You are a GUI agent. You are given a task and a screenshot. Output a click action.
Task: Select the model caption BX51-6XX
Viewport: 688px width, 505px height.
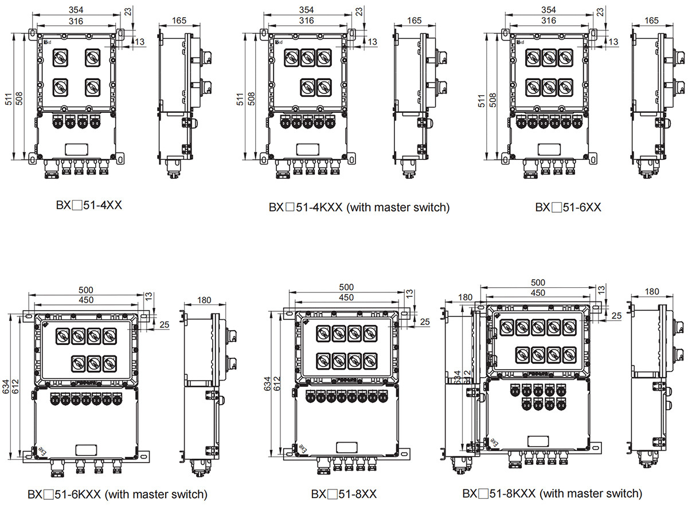pos(568,207)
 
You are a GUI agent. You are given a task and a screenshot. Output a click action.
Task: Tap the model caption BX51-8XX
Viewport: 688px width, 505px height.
pos(344,494)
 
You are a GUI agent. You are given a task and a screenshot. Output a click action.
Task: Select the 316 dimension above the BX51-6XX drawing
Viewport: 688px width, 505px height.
pos(549,21)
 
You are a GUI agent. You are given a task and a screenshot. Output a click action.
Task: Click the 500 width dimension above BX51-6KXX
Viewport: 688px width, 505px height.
pos(86,289)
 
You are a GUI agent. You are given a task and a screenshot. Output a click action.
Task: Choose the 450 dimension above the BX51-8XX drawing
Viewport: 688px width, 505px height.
pos(346,297)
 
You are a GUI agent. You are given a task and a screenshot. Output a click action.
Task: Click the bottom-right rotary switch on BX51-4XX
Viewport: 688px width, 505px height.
pos(92,87)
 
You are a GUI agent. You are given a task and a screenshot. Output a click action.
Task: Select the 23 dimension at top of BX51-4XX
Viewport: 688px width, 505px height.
pos(128,11)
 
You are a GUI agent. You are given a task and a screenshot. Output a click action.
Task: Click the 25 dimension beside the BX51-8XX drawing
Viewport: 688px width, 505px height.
pos(424,322)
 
